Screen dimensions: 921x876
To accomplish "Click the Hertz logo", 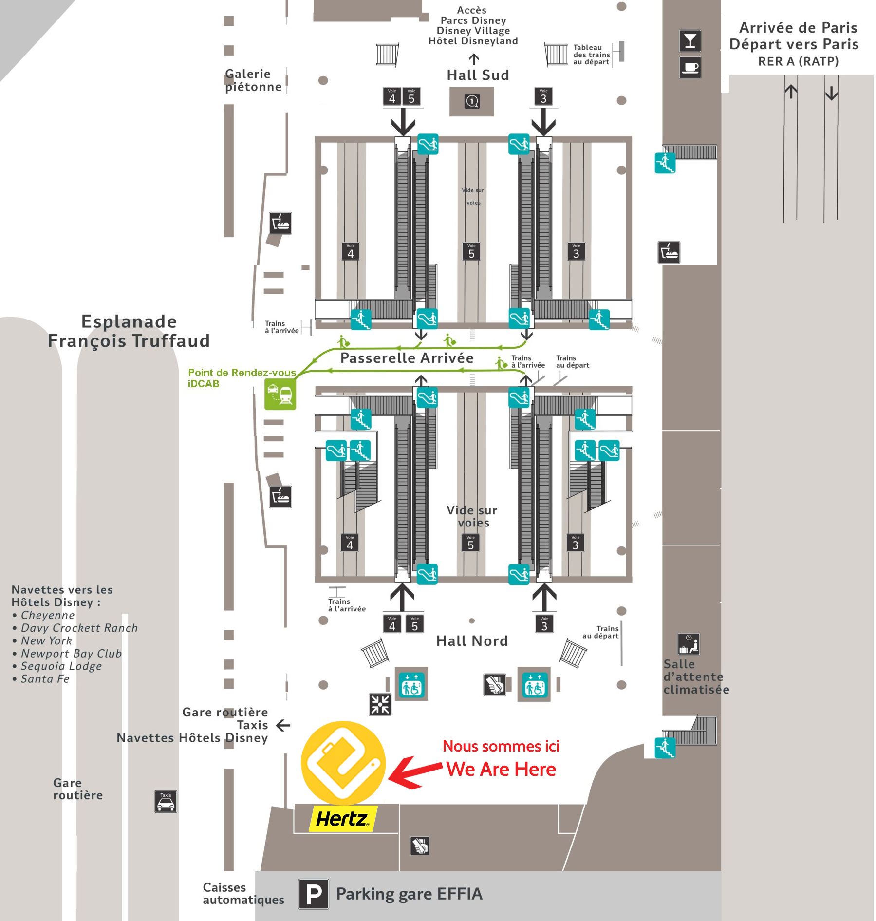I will pos(343,819).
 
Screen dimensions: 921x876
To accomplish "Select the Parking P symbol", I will pos(314,894).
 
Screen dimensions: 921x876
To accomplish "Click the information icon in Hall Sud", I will pos(472,101).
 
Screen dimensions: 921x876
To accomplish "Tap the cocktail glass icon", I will pos(690,41).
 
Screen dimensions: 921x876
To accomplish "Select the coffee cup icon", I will pos(690,67).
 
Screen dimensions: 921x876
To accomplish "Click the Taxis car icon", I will pos(166,802).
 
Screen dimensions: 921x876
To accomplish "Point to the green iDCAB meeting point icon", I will pos(280,394).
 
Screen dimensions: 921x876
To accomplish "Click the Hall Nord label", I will pos(472,641).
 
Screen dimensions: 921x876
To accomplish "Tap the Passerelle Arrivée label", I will pos(407,358).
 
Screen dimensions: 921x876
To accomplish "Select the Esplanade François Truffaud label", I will pos(129,331).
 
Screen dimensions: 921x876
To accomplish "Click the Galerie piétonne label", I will pos(253,80).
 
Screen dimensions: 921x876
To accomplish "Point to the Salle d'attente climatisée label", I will pos(696,677).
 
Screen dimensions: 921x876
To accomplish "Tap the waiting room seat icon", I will pos(689,644).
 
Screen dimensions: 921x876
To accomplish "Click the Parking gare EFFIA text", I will pos(409,894).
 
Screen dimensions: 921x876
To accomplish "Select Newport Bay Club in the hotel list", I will pos(71,654).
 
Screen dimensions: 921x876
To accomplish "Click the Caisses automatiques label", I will pos(243,893).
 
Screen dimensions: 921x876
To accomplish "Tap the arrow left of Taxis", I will pos(283,725).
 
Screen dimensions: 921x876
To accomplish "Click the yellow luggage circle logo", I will pos(343,762).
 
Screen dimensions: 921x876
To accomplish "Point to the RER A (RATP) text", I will pos(798,61).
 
